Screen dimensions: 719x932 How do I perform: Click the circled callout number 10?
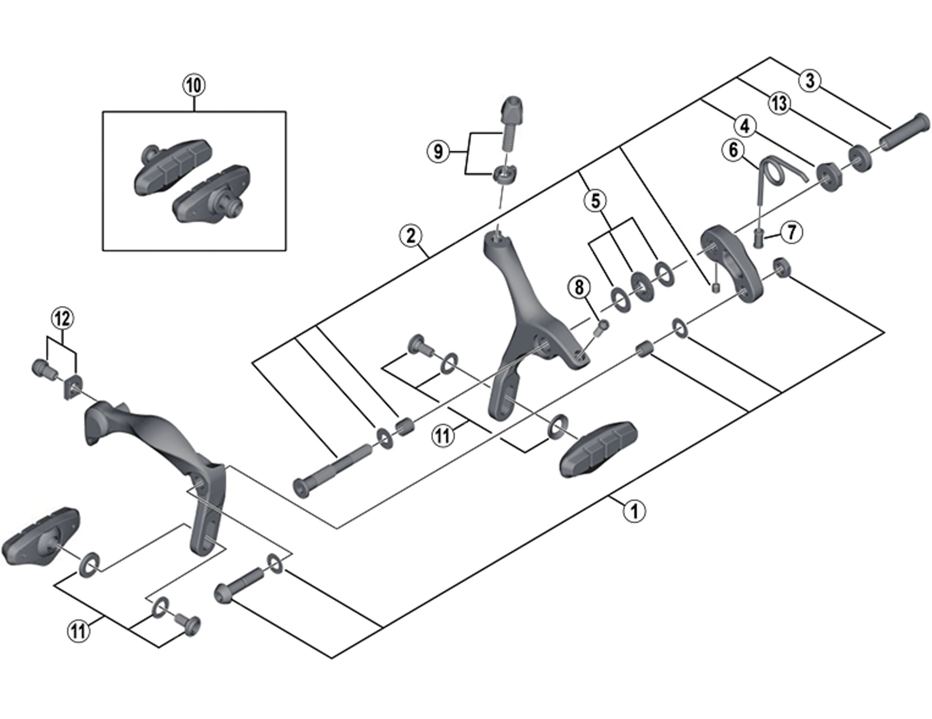(x=193, y=85)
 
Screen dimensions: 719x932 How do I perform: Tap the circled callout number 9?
(x=438, y=151)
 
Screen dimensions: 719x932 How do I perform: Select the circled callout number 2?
(x=411, y=236)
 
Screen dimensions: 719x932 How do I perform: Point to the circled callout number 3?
(x=810, y=80)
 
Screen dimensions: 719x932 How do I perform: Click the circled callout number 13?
(x=779, y=103)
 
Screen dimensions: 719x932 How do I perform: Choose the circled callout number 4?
(x=745, y=126)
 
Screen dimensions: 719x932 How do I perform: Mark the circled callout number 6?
(x=733, y=150)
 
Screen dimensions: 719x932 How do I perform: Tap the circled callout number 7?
(x=791, y=232)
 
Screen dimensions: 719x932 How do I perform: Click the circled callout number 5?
(x=595, y=200)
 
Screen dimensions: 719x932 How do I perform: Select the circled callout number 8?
(x=579, y=287)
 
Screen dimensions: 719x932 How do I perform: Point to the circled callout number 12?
(x=62, y=319)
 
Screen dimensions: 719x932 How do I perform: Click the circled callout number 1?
(x=634, y=511)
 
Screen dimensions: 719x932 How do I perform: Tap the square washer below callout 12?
(x=72, y=387)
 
